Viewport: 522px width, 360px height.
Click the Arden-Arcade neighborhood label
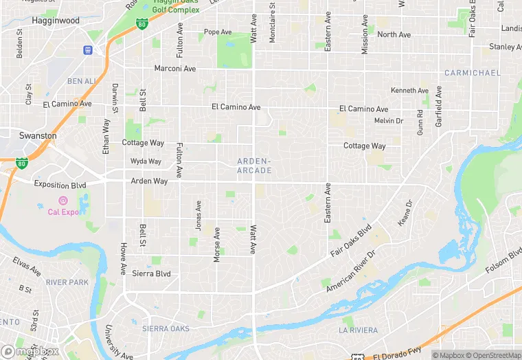(254, 165)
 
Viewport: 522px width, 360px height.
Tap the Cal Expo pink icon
(63, 201)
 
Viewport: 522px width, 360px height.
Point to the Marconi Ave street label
(175, 69)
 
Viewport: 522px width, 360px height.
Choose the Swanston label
(38, 136)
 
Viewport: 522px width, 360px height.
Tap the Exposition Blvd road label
(61, 185)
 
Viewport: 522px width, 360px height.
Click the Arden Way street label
(149, 181)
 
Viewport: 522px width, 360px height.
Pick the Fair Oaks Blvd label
(350, 240)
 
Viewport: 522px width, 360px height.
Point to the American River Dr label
(351, 269)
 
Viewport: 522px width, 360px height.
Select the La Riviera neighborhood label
(359, 330)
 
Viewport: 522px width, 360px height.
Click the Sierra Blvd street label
(151, 273)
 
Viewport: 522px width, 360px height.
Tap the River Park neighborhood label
(67, 282)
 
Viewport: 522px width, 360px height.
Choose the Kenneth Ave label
(409, 91)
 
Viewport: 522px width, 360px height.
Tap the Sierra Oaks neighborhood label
(166, 329)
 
